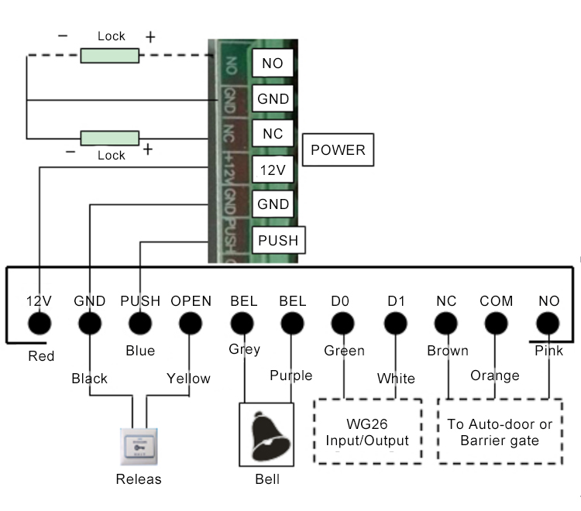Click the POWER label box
337,151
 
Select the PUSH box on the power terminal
277,240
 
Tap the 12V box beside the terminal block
273,169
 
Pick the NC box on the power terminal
273,134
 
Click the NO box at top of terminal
273,63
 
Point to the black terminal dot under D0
339,322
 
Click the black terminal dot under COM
496,322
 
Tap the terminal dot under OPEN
191,322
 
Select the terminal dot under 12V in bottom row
39,322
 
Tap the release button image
138,445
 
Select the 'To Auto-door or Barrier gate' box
500,432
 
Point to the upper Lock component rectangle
110,55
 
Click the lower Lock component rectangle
110,138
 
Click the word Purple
290,376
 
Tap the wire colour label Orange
494,376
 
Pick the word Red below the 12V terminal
41,356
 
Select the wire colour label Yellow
188,379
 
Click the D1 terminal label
396,300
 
